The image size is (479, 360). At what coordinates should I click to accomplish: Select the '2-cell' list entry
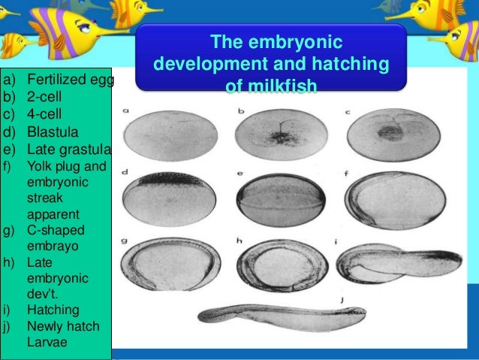tap(46, 97)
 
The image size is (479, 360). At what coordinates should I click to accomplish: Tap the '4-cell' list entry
tap(46, 115)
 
